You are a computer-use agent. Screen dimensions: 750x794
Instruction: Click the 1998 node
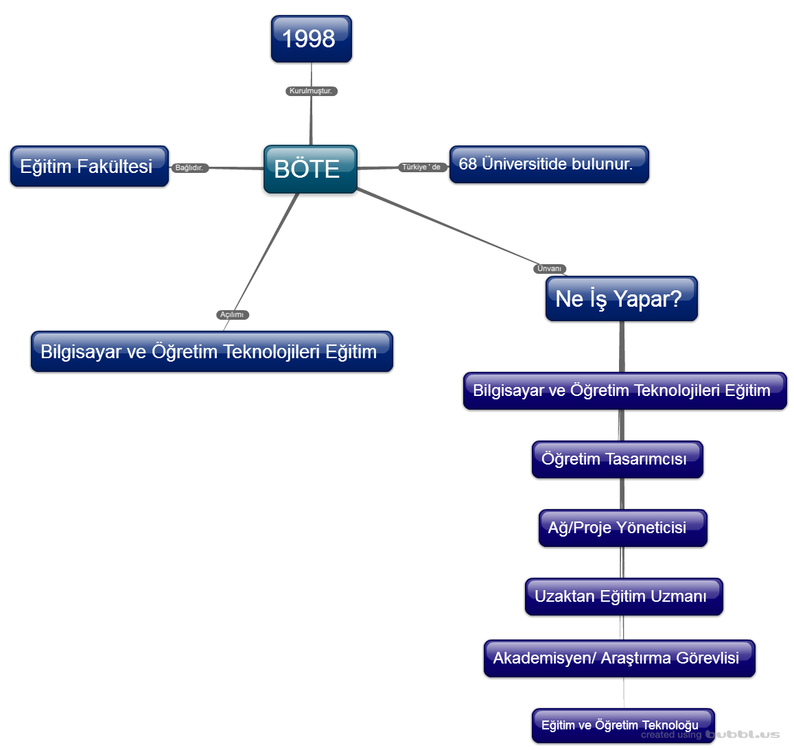(x=311, y=39)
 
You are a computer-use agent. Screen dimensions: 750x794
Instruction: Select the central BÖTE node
(x=310, y=169)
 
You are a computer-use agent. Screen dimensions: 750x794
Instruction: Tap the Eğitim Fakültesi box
(x=89, y=166)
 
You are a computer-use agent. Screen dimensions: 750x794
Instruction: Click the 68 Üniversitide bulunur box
(x=548, y=165)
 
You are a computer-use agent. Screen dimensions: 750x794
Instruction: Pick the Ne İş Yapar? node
(x=621, y=298)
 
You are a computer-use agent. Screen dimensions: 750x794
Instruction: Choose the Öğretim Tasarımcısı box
(x=617, y=459)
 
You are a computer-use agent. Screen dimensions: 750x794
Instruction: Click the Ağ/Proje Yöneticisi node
(x=622, y=528)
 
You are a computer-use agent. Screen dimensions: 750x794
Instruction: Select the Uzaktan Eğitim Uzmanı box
(x=623, y=596)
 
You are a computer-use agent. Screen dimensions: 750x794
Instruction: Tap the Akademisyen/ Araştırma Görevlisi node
(x=619, y=658)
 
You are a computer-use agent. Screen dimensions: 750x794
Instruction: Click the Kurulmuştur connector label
(x=311, y=91)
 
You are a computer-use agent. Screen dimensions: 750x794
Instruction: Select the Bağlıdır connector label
(x=189, y=167)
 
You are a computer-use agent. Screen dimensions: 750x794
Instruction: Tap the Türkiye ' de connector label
(x=422, y=167)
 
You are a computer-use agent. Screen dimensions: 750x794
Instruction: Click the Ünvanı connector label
(x=549, y=268)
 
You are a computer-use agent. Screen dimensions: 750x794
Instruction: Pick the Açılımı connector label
(x=232, y=314)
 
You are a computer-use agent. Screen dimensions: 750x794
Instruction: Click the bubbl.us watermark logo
(x=743, y=734)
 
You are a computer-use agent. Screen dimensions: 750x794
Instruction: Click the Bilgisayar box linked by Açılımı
(x=211, y=351)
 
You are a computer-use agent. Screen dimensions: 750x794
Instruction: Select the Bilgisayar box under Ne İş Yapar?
(x=624, y=390)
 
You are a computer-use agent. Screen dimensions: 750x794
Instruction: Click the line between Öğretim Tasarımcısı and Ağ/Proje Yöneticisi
(x=622, y=494)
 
